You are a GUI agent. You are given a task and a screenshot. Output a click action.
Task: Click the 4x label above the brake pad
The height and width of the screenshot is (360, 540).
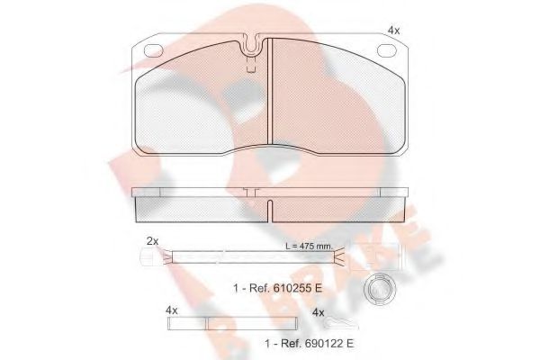click(393, 31)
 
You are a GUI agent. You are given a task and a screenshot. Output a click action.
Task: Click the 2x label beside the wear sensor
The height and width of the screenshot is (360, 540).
click(151, 241)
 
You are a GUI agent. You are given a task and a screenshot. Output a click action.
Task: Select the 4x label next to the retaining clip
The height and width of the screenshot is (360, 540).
click(318, 311)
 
